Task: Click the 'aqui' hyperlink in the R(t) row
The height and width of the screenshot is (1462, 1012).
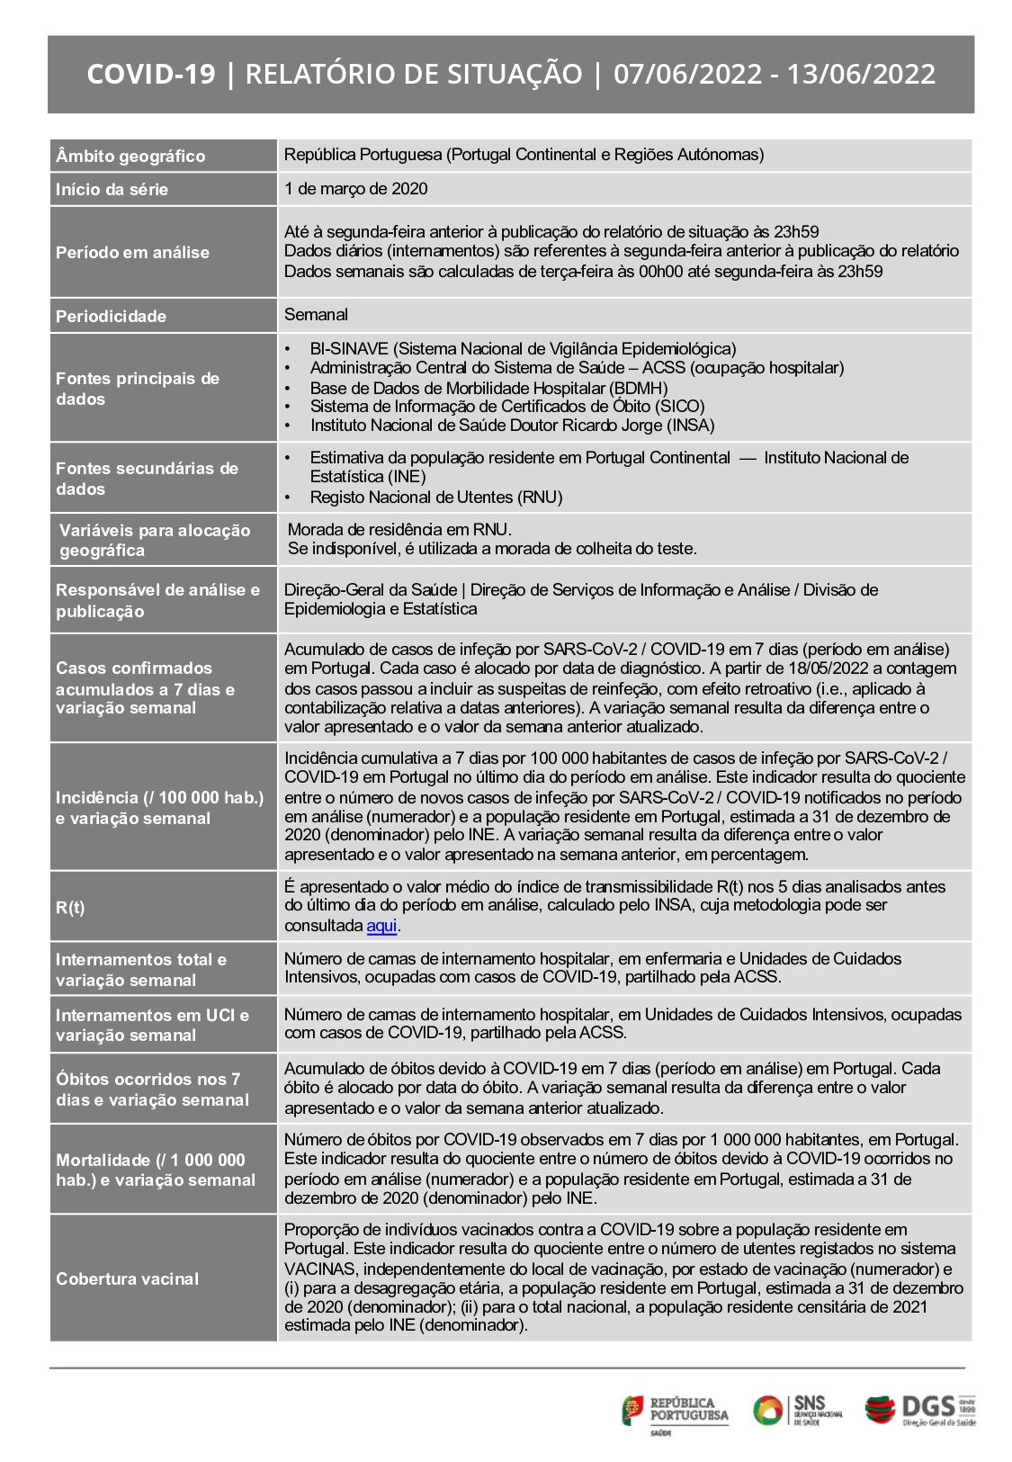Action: [x=381, y=926]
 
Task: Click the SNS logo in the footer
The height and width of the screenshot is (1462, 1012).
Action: [x=798, y=1410]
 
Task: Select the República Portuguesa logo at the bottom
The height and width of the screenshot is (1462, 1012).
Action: [x=675, y=1410]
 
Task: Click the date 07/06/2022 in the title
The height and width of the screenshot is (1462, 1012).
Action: [x=687, y=74]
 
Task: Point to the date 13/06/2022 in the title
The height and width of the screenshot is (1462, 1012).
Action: [x=861, y=74]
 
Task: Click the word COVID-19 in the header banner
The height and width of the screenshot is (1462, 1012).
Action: [x=151, y=74]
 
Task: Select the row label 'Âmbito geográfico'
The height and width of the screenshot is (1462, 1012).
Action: [x=130, y=156]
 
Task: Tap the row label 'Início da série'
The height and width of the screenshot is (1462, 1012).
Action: [x=112, y=189]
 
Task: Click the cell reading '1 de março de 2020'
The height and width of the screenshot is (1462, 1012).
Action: [x=356, y=189]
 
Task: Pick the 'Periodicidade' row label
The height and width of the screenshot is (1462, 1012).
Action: [x=111, y=316]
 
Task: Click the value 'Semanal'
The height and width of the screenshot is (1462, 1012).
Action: [x=316, y=315]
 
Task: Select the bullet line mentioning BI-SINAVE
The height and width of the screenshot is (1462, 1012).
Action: [x=523, y=348]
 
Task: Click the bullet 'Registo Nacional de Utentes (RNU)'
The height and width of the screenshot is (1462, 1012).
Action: [x=436, y=497]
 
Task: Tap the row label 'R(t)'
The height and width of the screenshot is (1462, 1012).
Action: [x=70, y=907]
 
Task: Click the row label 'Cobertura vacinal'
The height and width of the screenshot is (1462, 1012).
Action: [x=127, y=1278]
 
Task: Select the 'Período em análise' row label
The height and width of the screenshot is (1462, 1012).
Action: [x=132, y=252]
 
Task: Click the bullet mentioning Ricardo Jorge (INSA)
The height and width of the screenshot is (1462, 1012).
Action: [x=512, y=426]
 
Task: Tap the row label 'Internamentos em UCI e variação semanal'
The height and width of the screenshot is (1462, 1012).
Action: [x=152, y=1025]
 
